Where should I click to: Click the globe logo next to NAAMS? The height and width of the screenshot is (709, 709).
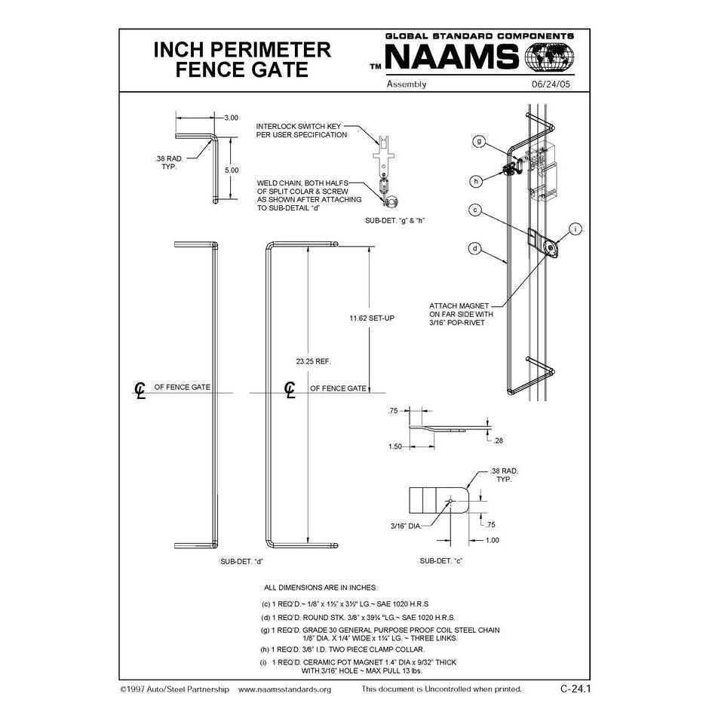(548, 58)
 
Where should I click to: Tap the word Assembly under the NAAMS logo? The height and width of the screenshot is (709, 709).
(407, 84)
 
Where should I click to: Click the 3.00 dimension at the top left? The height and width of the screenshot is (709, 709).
(232, 118)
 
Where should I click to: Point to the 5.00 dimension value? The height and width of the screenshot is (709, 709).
(232, 170)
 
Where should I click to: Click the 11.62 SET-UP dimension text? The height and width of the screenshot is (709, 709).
(372, 318)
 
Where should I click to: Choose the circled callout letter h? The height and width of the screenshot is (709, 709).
(477, 181)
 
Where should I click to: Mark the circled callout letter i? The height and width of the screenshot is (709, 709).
(575, 229)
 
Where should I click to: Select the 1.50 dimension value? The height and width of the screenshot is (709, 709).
(395, 447)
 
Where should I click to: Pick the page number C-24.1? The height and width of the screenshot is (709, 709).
(575, 689)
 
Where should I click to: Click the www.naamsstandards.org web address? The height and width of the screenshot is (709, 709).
(284, 689)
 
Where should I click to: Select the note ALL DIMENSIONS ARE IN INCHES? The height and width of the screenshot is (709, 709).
(319, 587)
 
